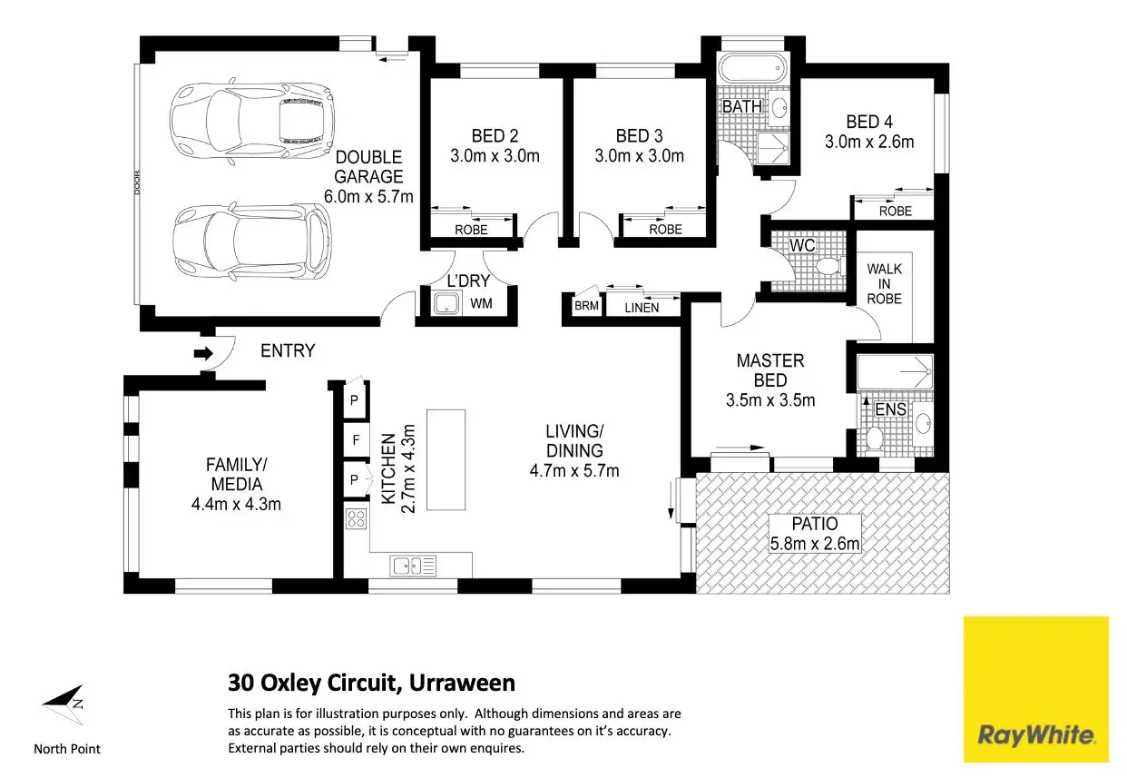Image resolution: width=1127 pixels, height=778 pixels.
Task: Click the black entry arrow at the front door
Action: point(204,353)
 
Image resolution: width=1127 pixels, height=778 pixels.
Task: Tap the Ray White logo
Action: point(1036,689)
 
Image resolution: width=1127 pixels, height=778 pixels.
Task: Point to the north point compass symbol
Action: point(64,704)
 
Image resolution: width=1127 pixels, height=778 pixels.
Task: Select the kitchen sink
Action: point(413,566)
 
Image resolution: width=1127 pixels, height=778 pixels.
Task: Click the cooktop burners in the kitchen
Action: point(357,519)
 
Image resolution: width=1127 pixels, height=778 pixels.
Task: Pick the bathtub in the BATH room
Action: point(751,68)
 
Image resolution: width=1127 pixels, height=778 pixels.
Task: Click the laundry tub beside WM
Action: point(446,303)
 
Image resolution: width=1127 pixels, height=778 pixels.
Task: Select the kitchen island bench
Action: point(446,459)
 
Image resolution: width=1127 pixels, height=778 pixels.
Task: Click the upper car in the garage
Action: point(252,122)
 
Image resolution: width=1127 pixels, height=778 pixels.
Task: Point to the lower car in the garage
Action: point(252,241)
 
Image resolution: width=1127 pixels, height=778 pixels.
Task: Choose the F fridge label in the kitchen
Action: point(357,440)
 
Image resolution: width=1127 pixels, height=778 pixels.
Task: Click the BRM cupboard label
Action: point(587,305)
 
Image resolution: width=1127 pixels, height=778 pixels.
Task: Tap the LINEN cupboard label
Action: point(642,308)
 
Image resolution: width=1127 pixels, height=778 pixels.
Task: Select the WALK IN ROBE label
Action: point(884,284)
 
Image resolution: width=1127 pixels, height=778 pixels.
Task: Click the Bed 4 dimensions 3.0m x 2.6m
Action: point(869,142)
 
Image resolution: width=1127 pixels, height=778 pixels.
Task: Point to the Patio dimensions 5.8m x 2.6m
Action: point(815,544)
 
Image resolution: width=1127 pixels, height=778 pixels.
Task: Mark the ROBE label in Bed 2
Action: point(471,230)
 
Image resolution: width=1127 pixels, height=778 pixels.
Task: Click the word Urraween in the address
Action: point(462,683)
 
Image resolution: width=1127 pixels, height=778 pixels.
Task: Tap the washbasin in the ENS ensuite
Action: point(923,423)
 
